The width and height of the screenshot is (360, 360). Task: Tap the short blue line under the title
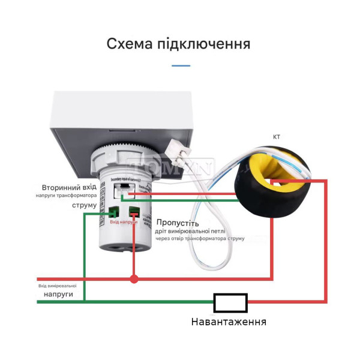coord(180,65)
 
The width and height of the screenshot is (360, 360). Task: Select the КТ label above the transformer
coord(277,137)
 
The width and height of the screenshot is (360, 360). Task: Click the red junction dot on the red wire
coord(134,278)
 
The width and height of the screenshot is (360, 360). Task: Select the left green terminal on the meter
coord(114,212)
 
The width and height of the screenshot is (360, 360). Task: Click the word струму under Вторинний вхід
coord(84,205)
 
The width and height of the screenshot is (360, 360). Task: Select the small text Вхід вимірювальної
coord(58,286)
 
